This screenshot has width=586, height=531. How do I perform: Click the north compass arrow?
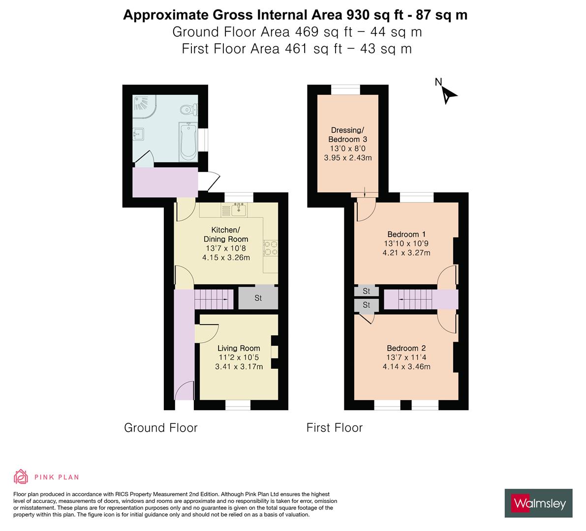pos(448,94)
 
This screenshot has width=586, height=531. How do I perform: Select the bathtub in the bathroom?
pos(188,142)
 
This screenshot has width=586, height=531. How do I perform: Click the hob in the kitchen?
pos(271,247)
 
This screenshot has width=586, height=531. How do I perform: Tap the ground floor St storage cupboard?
pos(258,298)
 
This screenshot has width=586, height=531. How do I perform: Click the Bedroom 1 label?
pos(406,234)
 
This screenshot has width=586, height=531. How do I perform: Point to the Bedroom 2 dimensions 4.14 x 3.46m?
pos(406,366)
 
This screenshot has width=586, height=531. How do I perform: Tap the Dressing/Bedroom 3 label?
pos(347,135)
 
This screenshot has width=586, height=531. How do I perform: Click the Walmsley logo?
pos(539,503)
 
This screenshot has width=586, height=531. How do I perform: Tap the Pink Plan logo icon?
pos(21,476)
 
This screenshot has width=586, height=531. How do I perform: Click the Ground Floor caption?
pos(160,428)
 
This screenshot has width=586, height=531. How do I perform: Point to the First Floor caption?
pos(335,428)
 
